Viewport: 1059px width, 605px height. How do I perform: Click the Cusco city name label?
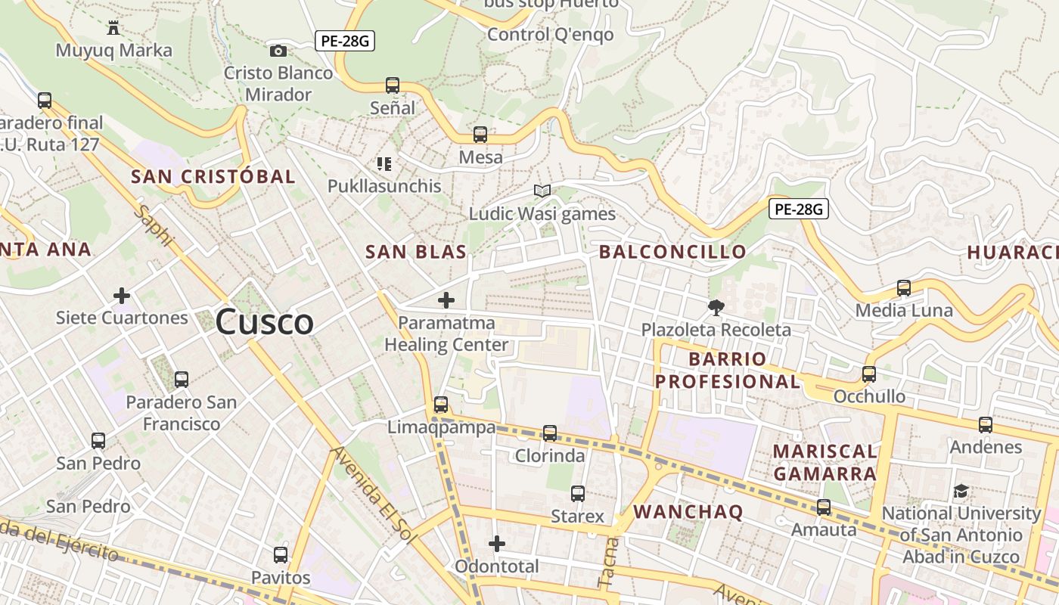tap(264, 322)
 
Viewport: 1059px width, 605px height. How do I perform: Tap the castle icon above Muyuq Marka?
tap(113, 29)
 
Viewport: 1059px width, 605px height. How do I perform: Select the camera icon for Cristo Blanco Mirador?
tap(278, 51)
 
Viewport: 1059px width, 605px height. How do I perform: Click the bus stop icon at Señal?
tap(393, 85)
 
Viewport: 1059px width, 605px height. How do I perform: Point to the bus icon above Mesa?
tap(480, 135)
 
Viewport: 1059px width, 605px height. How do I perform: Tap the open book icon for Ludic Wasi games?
tap(542, 191)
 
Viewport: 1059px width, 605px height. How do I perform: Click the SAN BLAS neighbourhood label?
tap(415, 253)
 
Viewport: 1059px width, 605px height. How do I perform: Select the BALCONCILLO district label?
tap(672, 252)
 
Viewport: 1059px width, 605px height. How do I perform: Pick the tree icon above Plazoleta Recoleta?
tap(716, 307)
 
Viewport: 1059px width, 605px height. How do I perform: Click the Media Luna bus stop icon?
tap(904, 288)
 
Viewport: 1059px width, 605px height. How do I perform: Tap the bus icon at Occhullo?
tap(869, 374)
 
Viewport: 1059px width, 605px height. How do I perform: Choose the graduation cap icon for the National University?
tap(961, 491)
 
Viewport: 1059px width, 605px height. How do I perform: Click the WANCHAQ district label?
tap(688, 512)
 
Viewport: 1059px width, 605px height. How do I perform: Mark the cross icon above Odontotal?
tap(497, 544)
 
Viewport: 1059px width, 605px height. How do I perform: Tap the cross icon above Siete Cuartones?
tap(122, 295)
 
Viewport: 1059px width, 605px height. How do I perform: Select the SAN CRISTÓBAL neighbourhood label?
tap(213, 177)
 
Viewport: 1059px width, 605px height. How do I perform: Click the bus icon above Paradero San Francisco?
tap(182, 380)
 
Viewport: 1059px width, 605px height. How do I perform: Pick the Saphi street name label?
tap(154, 225)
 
